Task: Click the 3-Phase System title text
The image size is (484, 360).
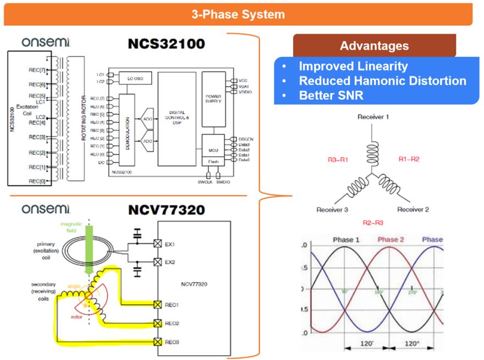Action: tap(238, 14)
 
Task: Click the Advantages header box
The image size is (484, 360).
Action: tap(374, 46)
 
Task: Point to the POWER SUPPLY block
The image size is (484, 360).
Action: tap(214, 97)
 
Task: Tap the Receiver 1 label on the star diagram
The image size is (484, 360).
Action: tap(373, 117)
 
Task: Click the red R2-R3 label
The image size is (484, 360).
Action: tap(373, 222)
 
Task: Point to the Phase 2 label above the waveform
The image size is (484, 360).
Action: tap(391, 239)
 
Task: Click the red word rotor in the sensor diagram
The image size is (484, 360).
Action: tap(77, 317)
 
